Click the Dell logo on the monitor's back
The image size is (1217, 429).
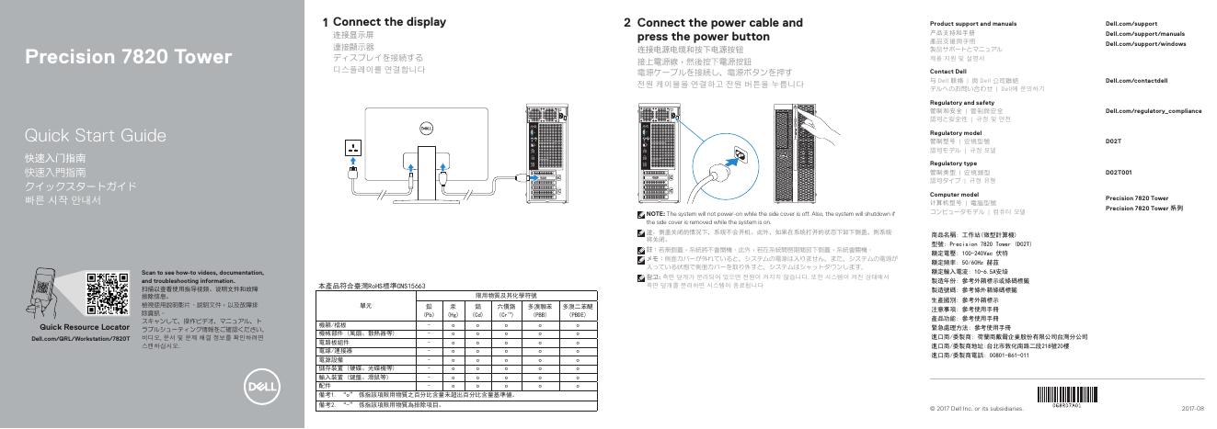coord(425,129)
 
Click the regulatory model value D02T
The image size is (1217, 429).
coord(1113,141)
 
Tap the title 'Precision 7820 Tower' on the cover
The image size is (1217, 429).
coord(128,57)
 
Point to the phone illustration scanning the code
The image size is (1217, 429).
coord(49,294)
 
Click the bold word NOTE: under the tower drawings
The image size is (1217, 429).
coord(659,213)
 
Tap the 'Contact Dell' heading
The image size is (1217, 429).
coord(948,71)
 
